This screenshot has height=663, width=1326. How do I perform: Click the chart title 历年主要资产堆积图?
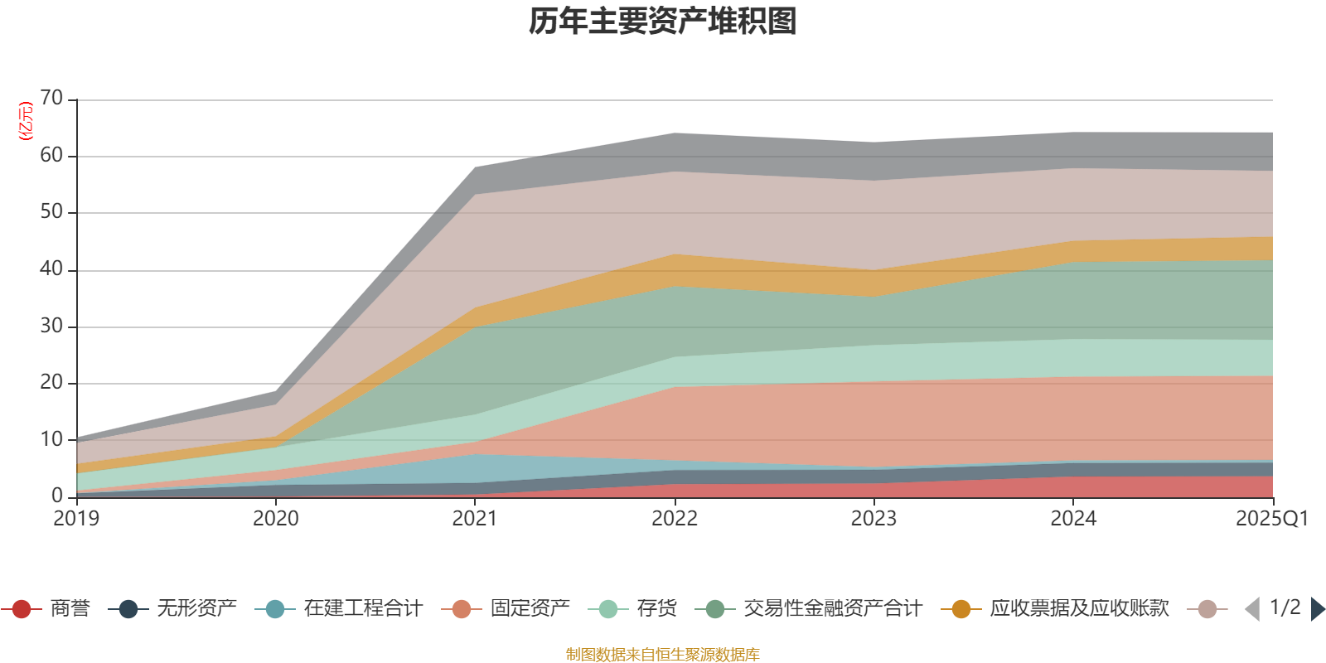663,22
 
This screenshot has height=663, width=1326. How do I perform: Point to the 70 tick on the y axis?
51,99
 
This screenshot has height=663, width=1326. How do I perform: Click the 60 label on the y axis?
51,156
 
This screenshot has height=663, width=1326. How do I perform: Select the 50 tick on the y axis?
51,212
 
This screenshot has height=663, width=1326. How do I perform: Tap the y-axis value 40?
51,269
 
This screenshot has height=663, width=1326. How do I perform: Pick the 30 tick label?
51,327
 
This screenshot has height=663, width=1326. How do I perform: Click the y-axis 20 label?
51,383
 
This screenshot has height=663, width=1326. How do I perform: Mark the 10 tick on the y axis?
51,440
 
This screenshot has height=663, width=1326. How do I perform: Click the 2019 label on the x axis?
76,519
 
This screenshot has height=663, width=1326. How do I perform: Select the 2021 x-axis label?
475,519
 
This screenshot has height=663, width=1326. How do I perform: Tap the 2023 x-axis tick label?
874,519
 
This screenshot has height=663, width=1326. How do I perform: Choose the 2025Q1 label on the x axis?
1271,519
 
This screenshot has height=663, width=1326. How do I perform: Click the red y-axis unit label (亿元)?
26,121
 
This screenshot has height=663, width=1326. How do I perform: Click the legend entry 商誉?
70,609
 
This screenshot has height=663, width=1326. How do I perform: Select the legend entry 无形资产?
196,609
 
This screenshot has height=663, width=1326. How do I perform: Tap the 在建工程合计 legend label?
362,609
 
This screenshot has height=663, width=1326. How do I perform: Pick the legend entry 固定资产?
530,609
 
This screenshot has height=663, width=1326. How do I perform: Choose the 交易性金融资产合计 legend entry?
832,609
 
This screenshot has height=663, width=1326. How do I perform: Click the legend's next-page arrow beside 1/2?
1317,609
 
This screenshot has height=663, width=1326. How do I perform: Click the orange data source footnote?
663,655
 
